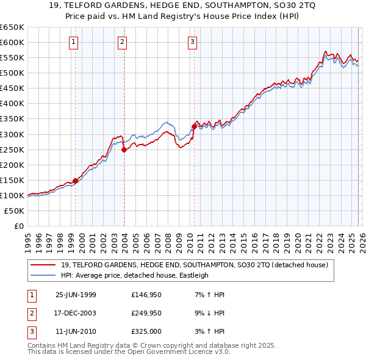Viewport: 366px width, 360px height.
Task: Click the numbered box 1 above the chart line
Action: tap(73, 42)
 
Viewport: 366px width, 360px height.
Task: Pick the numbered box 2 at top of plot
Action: tap(122, 42)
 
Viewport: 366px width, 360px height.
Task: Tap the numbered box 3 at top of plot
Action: tap(192, 42)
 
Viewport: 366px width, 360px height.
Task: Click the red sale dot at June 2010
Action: tap(194, 126)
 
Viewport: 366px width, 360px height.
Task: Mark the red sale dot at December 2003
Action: tap(124, 149)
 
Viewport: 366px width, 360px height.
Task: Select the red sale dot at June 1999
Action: tap(76, 181)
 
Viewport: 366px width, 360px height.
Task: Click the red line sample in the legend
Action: tap(44, 265)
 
